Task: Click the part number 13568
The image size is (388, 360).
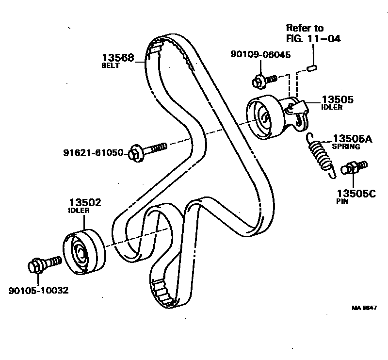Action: point(118,57)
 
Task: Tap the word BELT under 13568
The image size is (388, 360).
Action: point(111,65)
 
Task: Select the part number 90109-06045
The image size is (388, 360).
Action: point(260,55)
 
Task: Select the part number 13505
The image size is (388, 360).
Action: point(337,100)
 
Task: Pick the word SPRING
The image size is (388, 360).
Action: point(346,147)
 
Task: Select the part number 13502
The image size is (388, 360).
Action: point(85,203)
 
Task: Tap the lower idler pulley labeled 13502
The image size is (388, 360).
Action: point(83,250)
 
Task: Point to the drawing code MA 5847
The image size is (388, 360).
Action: point(364,307)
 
